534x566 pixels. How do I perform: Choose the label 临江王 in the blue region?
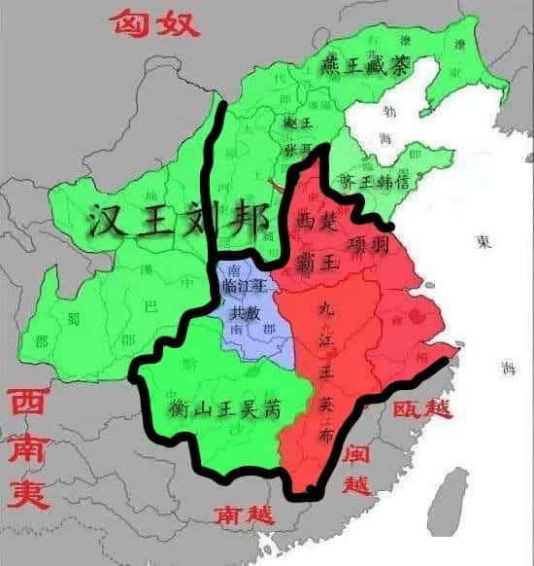point(245,287)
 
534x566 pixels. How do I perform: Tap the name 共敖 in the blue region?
point(245,313)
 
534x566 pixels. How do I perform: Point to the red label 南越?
point(246,511)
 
